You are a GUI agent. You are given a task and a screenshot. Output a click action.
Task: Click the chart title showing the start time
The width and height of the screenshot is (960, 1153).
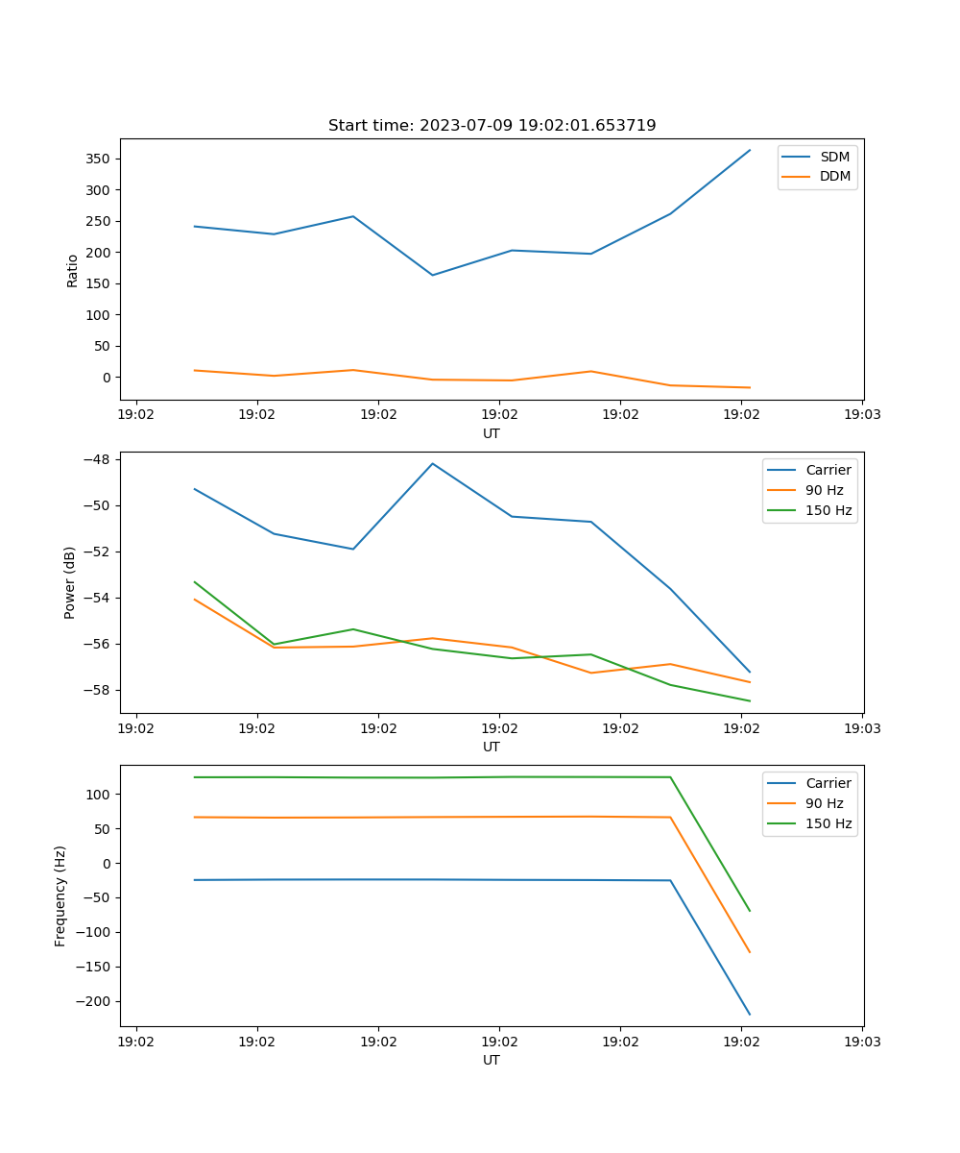point(492,126)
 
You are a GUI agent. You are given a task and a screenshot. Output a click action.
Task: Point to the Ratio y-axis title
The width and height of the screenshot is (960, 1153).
point(73,270)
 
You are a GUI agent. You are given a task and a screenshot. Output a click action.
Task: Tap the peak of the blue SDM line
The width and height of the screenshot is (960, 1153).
point(750,150)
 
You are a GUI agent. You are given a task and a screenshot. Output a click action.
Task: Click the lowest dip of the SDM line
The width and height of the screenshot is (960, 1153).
point(433,275)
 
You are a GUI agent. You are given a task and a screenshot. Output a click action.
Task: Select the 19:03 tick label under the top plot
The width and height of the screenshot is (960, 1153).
point(862,415)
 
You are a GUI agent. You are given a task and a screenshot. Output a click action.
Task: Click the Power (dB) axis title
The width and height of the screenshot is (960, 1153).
point(70,583)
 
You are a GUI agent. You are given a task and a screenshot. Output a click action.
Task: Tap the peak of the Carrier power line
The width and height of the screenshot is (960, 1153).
point(433,463)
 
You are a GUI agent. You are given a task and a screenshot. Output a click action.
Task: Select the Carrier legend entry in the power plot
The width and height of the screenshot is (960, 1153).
point(828,470)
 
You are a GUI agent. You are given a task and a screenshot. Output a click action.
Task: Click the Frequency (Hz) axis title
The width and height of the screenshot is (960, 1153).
point(60,895)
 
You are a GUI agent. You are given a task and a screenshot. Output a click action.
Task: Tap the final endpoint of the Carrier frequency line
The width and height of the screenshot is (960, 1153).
point(750,1015)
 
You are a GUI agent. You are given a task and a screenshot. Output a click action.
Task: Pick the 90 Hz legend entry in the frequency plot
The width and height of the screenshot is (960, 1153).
point(824,803)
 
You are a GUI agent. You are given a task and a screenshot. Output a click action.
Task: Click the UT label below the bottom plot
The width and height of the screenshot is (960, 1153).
point(492,1060)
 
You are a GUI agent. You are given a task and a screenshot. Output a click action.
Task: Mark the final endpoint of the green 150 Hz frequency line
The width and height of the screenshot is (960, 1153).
point(750,911)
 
